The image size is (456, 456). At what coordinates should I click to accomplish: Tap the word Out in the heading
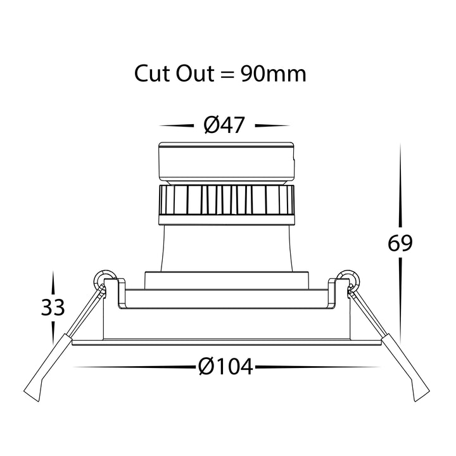[196, 73]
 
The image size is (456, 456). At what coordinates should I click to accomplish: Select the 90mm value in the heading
[274, 74]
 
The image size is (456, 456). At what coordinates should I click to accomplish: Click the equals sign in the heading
[227, 75]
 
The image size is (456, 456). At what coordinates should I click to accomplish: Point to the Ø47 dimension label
[224, 125]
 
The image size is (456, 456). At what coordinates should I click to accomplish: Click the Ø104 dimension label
[225, 367]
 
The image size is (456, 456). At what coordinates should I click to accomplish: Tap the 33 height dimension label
[53, 307]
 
